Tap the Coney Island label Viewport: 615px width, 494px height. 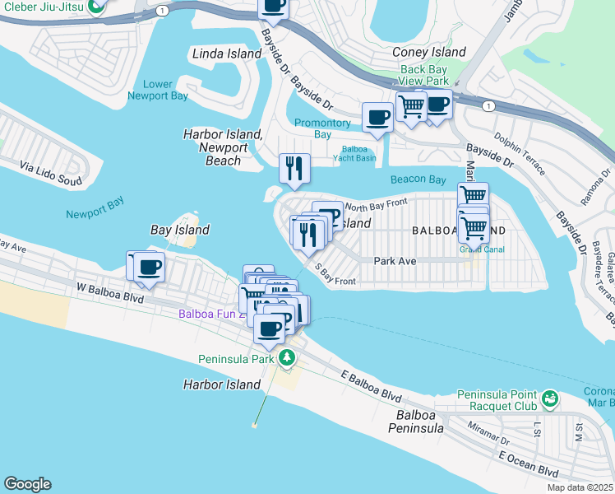[x=428, y=52]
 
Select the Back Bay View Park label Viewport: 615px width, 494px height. [x=425, y=76]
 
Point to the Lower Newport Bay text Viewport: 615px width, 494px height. [x=158, y=90]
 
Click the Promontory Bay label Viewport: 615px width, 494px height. [x=323, y=128]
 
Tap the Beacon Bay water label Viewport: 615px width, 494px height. [x=418, y=179]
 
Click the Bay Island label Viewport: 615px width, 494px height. [x=179, y=230]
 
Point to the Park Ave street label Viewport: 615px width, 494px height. [x=395, y=261]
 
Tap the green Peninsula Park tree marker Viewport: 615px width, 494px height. [x=287, y=357]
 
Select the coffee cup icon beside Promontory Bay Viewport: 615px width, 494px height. [x=377, y=117]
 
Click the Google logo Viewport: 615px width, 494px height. [x=27, y=484]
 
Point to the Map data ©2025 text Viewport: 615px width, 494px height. [x=580, y=487]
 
